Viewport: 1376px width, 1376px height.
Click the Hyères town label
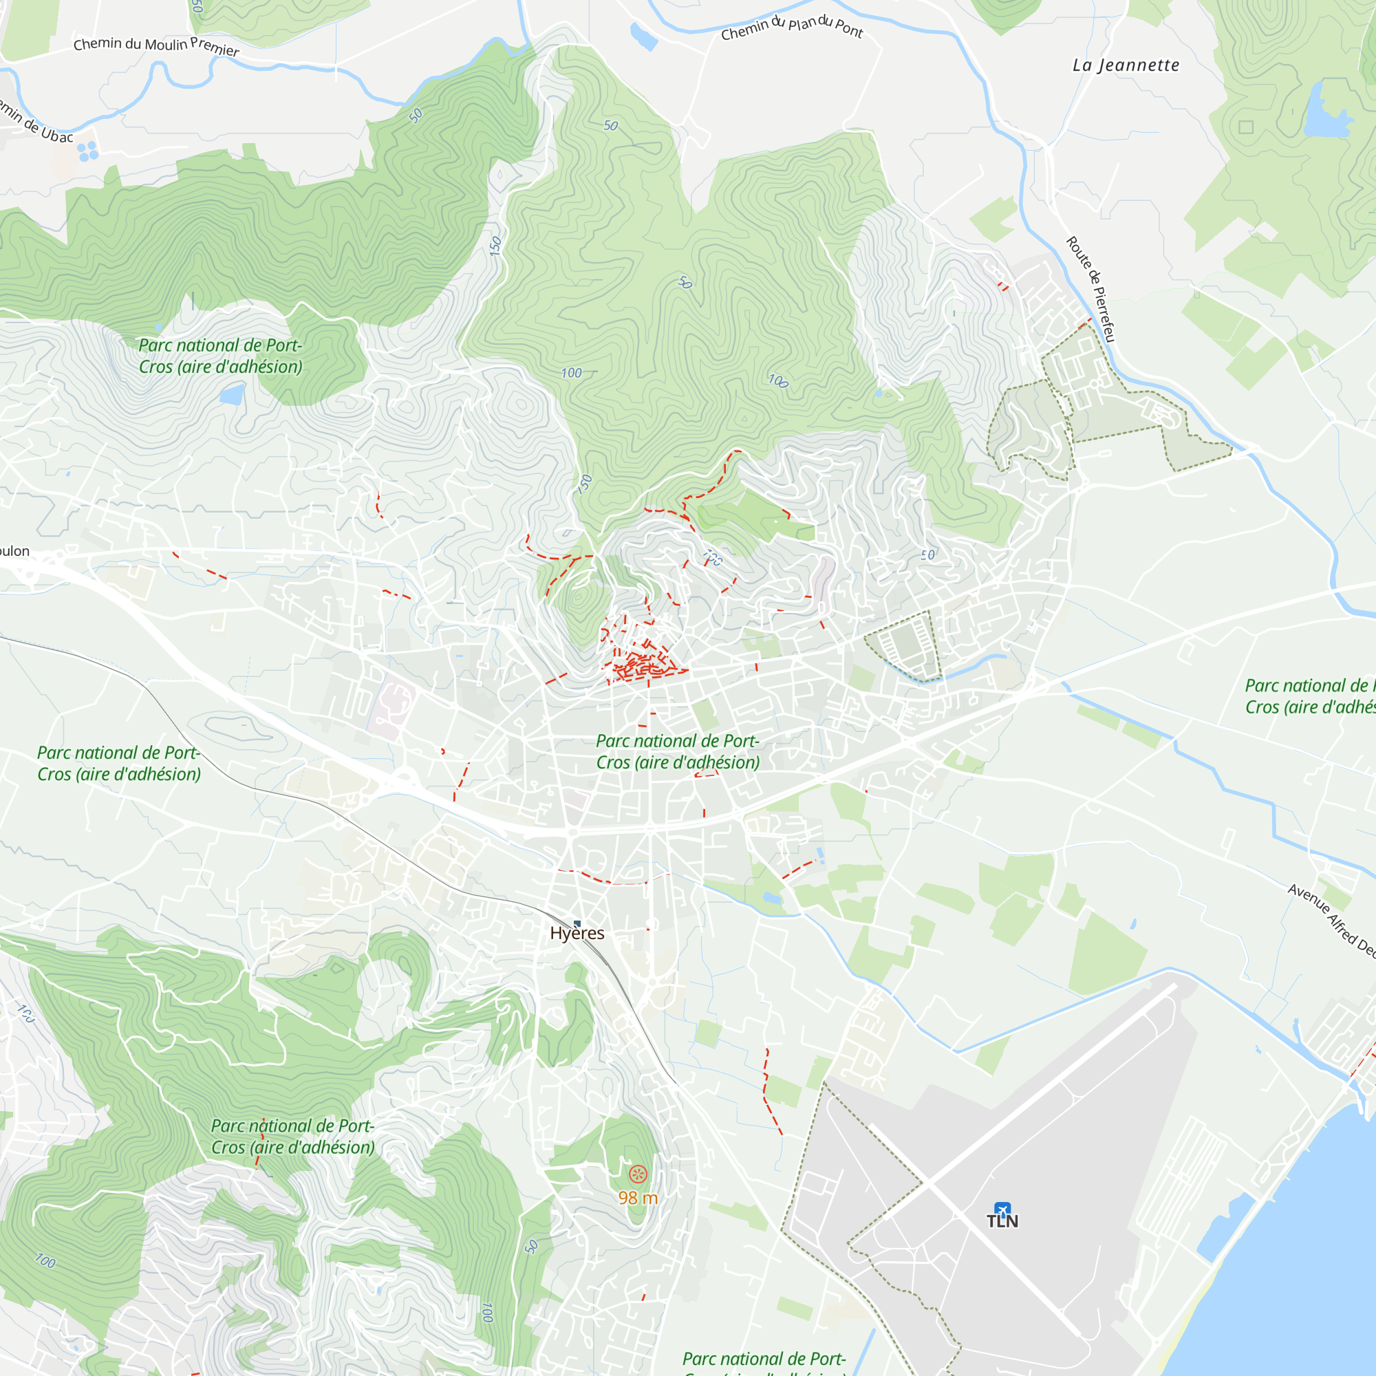(x=577, y=933)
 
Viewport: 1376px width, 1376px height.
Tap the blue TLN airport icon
(x=1002, y=1210)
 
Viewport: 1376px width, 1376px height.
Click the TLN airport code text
(x=1002, y=1221)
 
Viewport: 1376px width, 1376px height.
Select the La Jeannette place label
(x=1126, y=65)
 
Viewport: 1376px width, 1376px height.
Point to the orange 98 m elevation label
(x=638, y=1198)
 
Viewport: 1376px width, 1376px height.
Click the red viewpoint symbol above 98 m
(x=638, y=1174)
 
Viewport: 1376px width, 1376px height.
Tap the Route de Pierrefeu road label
(x=1090, y=289)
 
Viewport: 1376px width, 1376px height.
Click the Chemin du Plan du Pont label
(x=791, y=27)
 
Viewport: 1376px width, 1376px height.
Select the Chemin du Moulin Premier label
(x=156, y=45)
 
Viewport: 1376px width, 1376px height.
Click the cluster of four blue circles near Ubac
(x=87, y=151)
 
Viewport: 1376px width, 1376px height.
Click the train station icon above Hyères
(x=577, y=924)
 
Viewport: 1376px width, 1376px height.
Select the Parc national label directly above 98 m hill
(x=292, y=1136)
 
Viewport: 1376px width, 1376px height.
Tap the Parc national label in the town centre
(x=677, y=751)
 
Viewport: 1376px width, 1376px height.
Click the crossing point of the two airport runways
(x=924, y=1183)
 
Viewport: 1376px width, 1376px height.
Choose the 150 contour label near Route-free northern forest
(x=495, y=246)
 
